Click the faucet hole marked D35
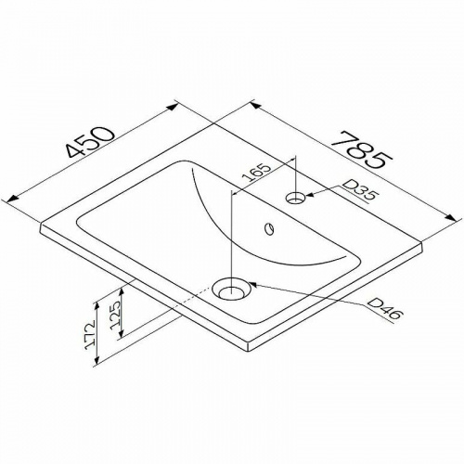click(296, 197)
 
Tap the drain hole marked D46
click(230, 289)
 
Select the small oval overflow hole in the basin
click(269, 227)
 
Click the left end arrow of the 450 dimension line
click(12, 199)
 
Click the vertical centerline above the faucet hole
click(296, 172)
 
